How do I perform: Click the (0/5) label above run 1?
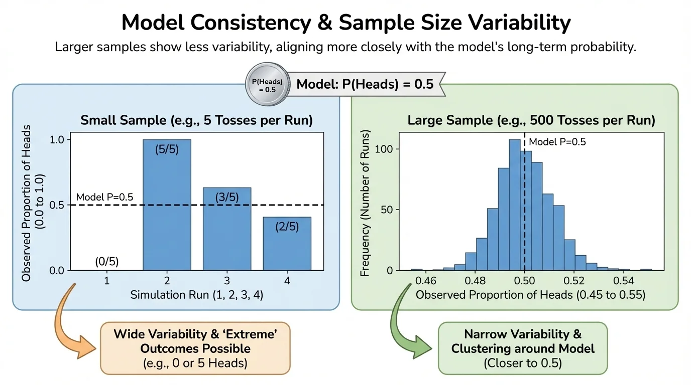click(107, 261)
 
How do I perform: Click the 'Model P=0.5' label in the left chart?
click(104, 198)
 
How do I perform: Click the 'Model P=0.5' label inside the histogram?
click(557, 142)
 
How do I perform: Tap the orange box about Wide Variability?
click(195, 348)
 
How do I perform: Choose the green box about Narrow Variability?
click(522, 348)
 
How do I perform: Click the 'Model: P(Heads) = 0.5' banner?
click(365, 84)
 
